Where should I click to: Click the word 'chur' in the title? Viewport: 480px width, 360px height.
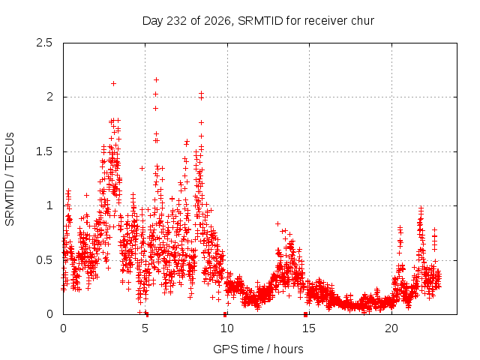363,21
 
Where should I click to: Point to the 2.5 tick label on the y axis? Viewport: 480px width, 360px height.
44,43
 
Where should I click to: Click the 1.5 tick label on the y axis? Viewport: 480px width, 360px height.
44,151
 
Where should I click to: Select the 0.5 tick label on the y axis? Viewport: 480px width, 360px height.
44,260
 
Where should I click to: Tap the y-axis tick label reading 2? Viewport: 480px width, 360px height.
49,97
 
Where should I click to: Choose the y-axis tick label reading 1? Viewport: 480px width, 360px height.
50,205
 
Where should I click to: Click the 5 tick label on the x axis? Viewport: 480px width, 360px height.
145,328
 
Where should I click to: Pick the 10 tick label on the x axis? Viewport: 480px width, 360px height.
227,328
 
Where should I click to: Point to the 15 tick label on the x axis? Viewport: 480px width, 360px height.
309,328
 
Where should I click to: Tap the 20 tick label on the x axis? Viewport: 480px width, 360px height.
391,328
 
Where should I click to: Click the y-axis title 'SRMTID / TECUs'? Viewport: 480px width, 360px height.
10,179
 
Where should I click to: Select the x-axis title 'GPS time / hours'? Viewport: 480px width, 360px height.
258,349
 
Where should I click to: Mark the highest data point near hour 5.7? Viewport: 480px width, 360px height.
156,80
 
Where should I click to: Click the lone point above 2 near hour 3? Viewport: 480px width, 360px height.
113,83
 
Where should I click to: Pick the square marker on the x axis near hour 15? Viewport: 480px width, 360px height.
305,314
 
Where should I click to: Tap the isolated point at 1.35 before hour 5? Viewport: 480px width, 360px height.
142,168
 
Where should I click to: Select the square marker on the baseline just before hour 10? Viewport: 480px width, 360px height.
225,314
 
